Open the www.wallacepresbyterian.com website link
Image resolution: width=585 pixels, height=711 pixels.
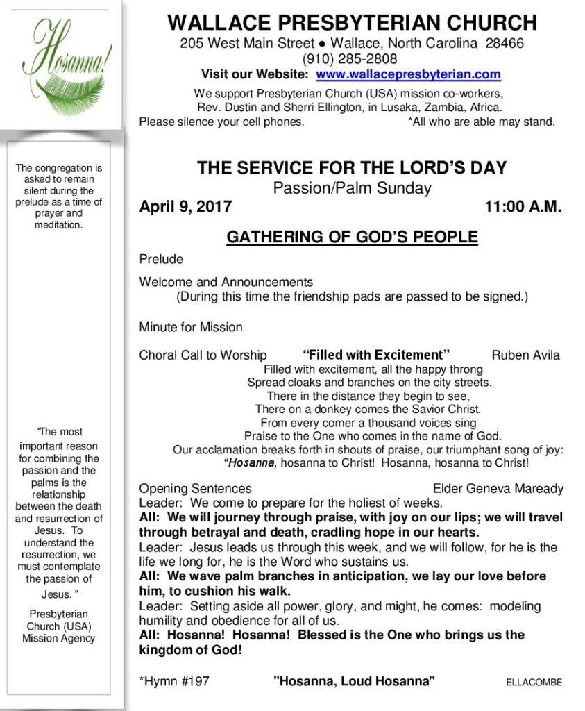(408, 74)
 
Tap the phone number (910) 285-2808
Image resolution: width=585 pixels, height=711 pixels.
(350, 59)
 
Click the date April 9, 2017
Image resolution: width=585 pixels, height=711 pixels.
(185, 206)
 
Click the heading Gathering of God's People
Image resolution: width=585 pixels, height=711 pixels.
(352, 237)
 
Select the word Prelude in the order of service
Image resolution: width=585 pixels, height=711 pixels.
(161, 259)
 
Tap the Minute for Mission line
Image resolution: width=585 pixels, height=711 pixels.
(191, 326)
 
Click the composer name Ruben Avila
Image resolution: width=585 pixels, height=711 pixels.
(525, 355)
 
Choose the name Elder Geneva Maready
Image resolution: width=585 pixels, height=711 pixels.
(498, 489)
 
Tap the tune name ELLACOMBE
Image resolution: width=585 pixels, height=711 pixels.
(534, 682)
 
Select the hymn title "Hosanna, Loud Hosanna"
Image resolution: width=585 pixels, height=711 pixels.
(354, 681)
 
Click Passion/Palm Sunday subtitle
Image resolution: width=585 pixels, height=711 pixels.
(352, 187)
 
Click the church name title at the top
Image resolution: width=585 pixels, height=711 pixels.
(352, 23)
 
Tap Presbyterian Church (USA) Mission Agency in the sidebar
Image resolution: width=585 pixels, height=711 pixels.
(58, 626)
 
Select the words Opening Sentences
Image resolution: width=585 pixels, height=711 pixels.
(195, 489)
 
